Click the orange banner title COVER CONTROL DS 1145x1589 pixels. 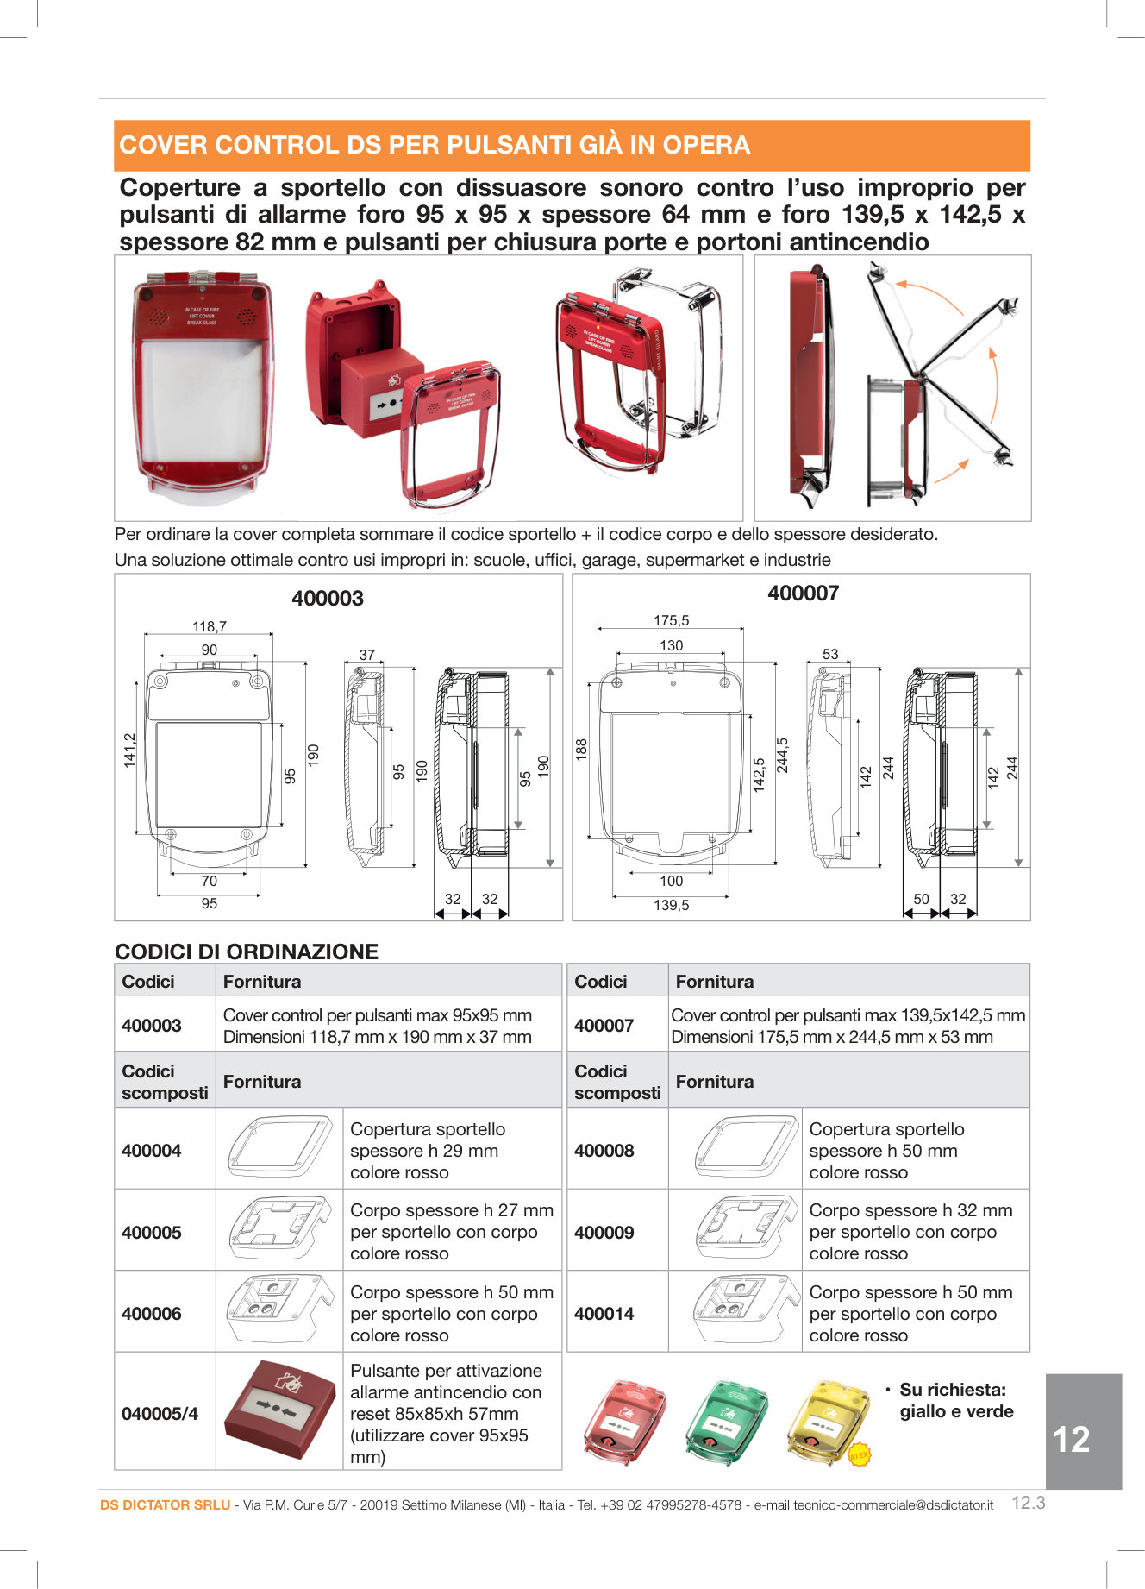click(x=435, y=145)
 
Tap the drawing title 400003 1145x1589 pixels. click(x=328, y=598)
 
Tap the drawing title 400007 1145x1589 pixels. click(x=803, y=593)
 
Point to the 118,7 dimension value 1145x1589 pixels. click(x=210, y=626)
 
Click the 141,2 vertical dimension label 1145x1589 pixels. click(x=129, y=751)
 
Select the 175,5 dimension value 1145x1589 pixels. click(x=671, y=620)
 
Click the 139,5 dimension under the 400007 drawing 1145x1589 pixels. click(x=671, y=905)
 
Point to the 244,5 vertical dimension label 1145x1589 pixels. click(x=782, y=755)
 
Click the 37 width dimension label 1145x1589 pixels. click(x=367, y=655)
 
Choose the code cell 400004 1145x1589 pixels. click(x=152, y=1151)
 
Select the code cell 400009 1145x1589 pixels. click(x=604, y=1233)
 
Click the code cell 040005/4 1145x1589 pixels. click(x=160, y=1414)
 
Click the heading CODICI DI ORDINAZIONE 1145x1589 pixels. click(x=247, y=952)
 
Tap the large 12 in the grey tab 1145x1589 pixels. click(x=1071, y=1439)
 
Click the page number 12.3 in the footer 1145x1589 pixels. click(x=1028, y=1503)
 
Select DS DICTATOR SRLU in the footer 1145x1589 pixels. click(x=165, y=1504)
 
